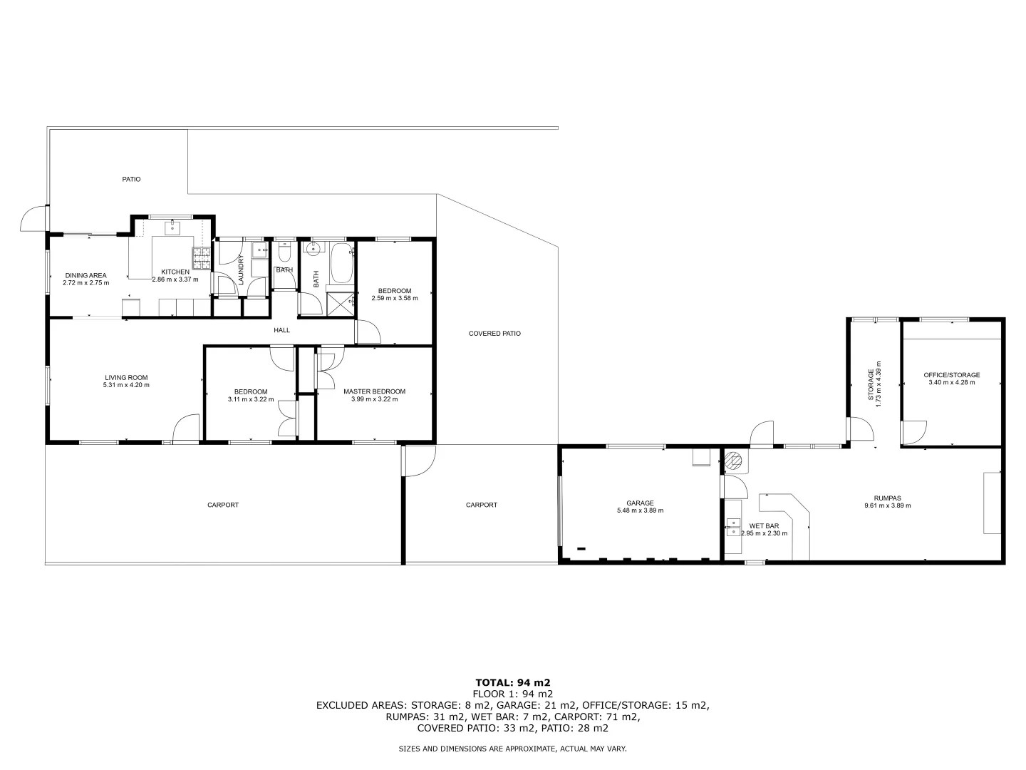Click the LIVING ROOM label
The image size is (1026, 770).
(x=126, y=377)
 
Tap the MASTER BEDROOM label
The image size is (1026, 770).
(x=374, y=391)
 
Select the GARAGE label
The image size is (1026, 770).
(x=640, y=503)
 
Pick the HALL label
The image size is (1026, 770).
(x=282, y=330)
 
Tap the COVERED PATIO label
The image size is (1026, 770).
(x=494, y=333)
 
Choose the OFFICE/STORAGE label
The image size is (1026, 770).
(x=951, y=375)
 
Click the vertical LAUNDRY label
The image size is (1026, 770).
(x=241, y=270)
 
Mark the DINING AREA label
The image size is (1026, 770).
(x=85, y=275)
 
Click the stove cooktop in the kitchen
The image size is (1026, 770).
(x=200, y=257)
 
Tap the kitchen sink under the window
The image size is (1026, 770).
(x=172, y=228)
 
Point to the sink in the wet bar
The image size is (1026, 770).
(x=732, y=527)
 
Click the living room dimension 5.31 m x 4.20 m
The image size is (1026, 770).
(x=126, y=385)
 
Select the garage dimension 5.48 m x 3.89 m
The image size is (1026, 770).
(x=640, y=510)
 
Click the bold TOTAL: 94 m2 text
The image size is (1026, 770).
(x=512, y=682)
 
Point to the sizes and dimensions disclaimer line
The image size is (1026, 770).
(x=512, y=749)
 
